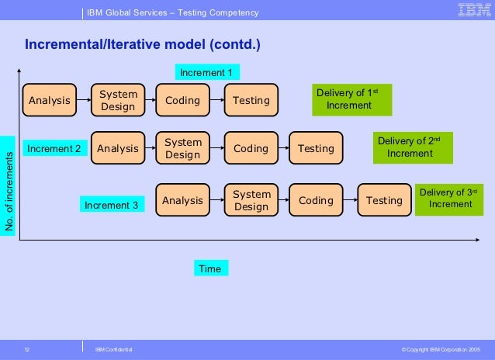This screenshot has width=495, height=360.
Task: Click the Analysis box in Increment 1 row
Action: tap(50, 100)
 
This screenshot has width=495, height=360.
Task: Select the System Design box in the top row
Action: tap(118, 100)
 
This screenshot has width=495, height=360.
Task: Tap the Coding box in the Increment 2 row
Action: tap(251, 148)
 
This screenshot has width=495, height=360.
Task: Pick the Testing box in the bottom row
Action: tap(384, 200)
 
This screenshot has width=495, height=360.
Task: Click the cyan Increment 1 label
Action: tap(206, 72)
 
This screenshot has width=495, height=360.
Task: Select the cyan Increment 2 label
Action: tap(54, 148)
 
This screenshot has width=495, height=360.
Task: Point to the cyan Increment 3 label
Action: tap(111, 205)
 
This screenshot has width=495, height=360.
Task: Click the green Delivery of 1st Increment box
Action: tap(351, 99)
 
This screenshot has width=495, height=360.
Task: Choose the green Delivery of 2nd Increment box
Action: tap(410, 147)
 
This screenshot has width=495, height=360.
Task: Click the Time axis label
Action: tap(210, 268)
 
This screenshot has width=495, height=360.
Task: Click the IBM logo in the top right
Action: tap(473, 10)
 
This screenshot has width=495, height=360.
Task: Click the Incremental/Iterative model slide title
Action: tap(143, 44)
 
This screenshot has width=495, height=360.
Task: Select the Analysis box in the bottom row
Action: tap(182, 200)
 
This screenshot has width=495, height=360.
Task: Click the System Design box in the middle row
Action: tap(182, 148)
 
